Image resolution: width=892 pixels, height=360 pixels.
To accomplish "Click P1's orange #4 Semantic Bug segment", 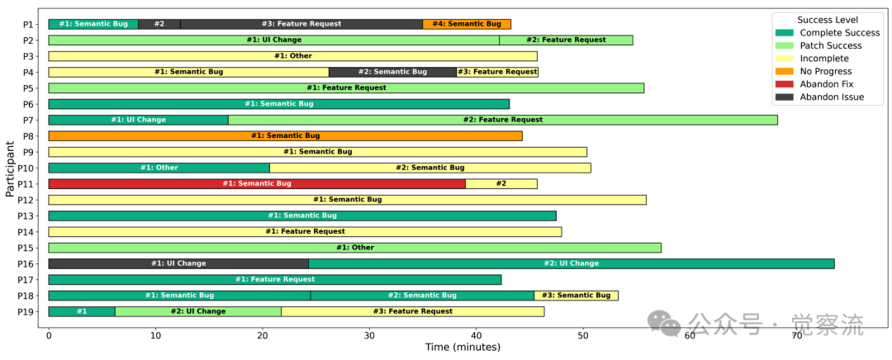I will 467,24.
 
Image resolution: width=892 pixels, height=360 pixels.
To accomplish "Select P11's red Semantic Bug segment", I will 257,183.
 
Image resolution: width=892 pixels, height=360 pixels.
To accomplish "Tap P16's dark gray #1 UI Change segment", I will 178,263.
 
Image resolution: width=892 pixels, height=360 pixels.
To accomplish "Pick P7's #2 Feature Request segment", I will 502,120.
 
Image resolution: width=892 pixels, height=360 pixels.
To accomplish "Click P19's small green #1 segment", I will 81,311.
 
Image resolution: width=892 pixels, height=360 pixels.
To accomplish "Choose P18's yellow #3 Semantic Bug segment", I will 576,296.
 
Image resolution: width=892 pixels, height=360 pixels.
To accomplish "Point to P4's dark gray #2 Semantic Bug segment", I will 392,72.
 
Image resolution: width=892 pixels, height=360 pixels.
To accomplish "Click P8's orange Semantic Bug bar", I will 285,135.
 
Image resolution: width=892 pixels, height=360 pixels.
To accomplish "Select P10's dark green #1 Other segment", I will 159,168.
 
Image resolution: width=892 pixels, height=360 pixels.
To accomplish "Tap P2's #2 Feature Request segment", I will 566,40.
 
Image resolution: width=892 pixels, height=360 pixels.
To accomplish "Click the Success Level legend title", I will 827,20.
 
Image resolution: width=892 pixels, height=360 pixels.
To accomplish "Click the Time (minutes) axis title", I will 463,348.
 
